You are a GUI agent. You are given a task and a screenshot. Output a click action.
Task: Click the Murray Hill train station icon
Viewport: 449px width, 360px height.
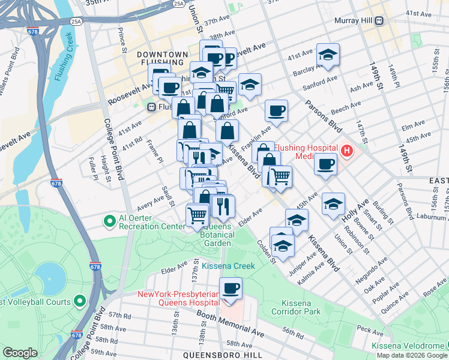point(379,21)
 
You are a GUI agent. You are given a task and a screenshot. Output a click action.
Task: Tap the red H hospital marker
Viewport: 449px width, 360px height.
point(346,151)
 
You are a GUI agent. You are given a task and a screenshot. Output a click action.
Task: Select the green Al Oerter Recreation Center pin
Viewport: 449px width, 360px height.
point(109,222)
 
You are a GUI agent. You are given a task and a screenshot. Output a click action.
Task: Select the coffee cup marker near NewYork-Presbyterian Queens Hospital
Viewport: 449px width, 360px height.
point(231,288)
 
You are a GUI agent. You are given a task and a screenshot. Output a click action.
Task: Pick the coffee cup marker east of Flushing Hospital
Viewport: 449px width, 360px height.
point(326,164)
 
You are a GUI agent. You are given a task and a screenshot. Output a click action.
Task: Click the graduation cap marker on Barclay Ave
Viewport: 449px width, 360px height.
point(328,55)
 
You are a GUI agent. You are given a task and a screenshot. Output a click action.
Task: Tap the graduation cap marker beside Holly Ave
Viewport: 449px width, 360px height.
point(333,204)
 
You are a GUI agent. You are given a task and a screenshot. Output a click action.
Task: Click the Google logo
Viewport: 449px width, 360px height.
point(20,353)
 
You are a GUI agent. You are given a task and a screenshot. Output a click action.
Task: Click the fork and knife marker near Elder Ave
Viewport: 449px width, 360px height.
point(223,206)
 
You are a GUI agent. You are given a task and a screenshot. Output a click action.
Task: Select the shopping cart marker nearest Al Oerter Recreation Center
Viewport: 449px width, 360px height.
point(197,215)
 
